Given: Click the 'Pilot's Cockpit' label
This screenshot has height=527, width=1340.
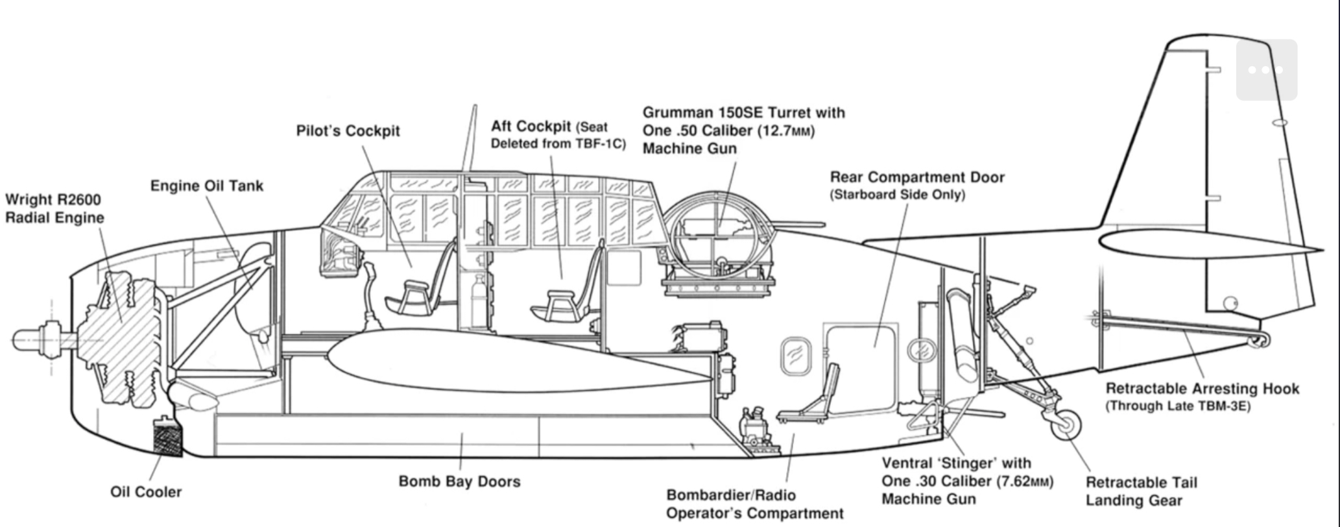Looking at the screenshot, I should (x=348, y=130).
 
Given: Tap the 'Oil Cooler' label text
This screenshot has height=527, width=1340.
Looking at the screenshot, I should (x=146, y=492).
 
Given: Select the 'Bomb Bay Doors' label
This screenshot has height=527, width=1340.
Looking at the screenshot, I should (x=459, y=482).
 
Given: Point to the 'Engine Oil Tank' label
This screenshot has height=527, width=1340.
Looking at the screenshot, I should (x=207, y=186).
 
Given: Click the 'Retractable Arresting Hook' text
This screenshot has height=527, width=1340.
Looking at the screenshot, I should (x=1202, y=389).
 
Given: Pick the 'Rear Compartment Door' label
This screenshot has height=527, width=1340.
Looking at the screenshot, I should (x=917, y=177).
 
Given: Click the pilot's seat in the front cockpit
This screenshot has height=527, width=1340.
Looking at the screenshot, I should (x=415, y=295).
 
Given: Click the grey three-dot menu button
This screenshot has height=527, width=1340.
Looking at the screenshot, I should (x=1266, y=70).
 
